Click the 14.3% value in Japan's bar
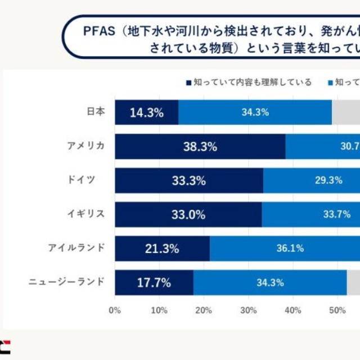pos(146,112)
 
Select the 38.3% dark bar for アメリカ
pos(200,147)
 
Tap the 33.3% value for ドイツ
pos(188,181)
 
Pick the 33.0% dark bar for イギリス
pos(188,214)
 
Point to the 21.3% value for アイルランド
pos(162,248)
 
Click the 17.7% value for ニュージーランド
pos(154,282)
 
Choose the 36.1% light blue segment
pos(290,248)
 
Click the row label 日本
pos(96,112)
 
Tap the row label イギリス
pos(85,214)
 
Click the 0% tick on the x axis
pos(115,310)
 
